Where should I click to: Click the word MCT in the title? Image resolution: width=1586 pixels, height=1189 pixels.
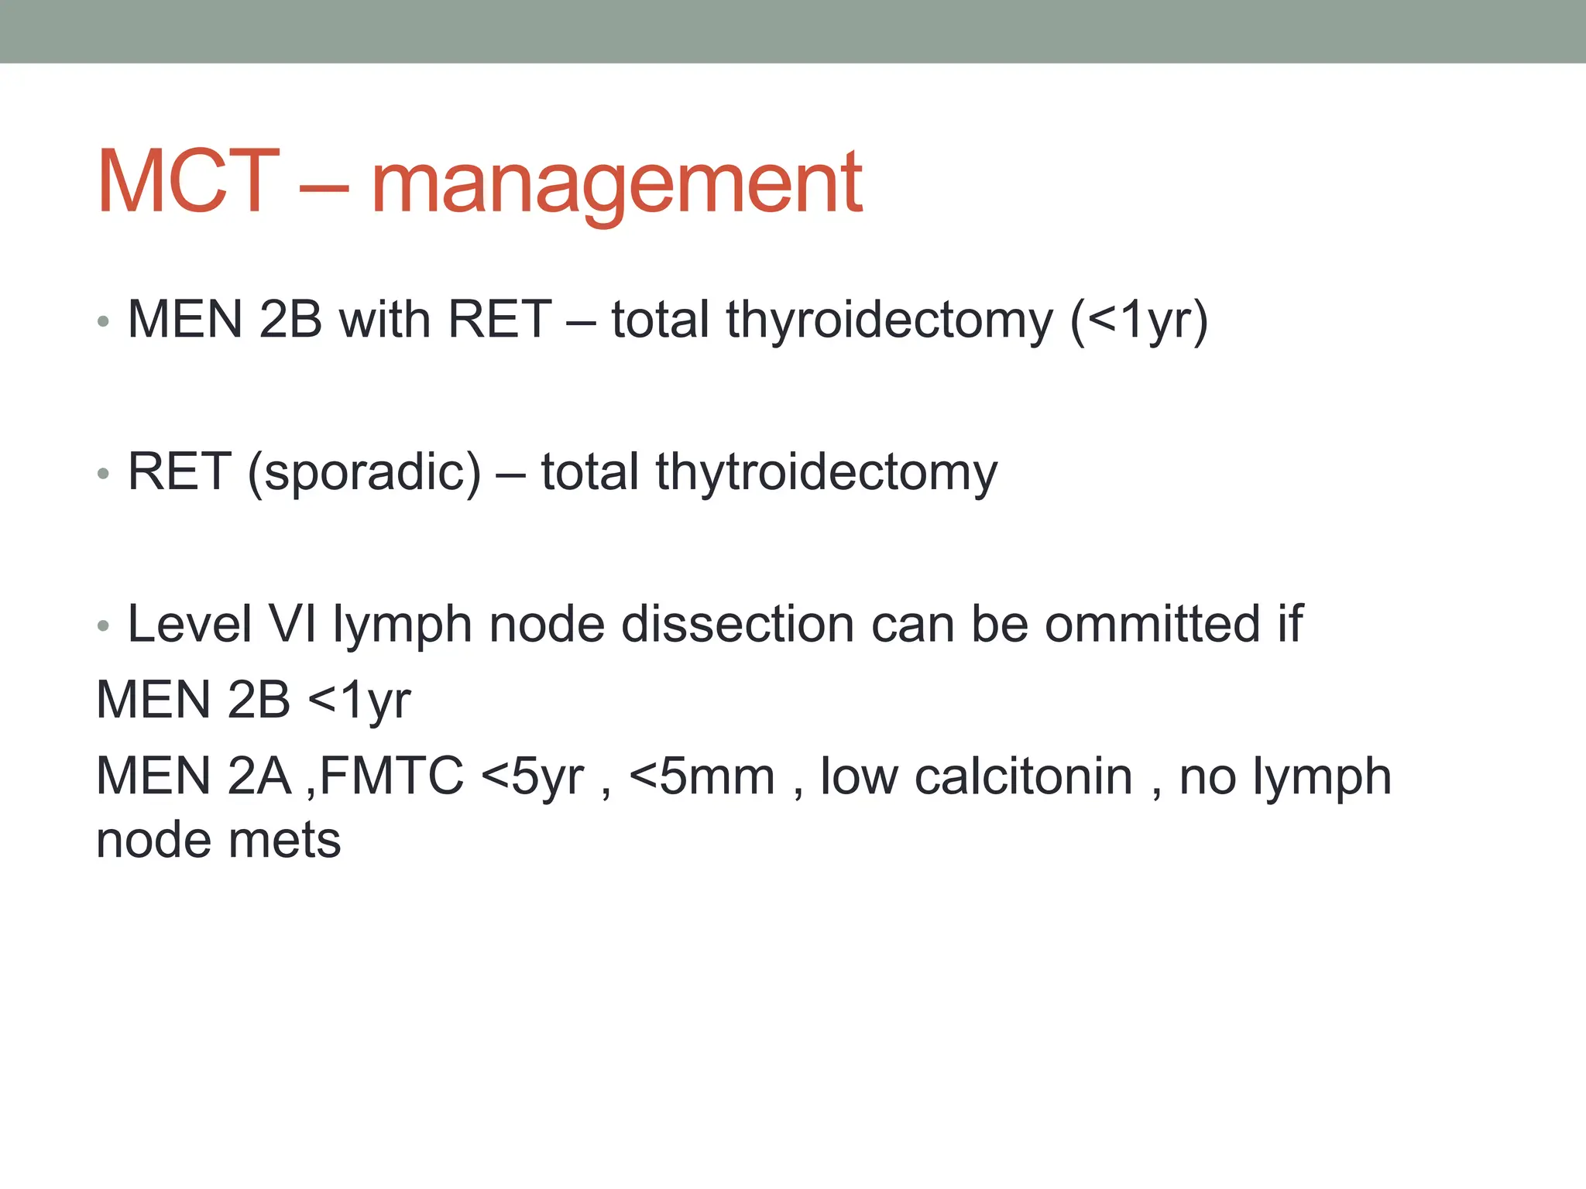[187, 181]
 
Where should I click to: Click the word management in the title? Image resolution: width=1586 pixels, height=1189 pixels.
[616, 184]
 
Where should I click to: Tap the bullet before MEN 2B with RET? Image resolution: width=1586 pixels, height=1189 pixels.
[103, 321]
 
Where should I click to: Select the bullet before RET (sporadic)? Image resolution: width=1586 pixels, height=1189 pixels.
[103, 473]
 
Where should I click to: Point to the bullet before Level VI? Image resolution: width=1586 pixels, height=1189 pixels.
[103, 625]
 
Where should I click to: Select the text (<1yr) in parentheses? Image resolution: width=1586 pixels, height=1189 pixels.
[1138, 320]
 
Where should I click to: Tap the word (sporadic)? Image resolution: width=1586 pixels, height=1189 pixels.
[364, 473]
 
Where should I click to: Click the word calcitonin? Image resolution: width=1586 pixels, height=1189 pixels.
[1023, 776]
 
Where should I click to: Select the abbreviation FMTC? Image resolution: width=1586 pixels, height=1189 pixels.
[391, 776]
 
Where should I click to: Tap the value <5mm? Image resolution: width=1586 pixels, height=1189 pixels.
[702, 776]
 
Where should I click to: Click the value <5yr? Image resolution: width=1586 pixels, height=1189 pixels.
[533, 776]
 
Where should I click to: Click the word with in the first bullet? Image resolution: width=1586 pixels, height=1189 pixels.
[384, 320]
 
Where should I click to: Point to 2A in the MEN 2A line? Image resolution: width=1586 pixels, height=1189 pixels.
[259, 776]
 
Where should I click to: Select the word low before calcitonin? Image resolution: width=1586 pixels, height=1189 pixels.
[858, 776]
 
